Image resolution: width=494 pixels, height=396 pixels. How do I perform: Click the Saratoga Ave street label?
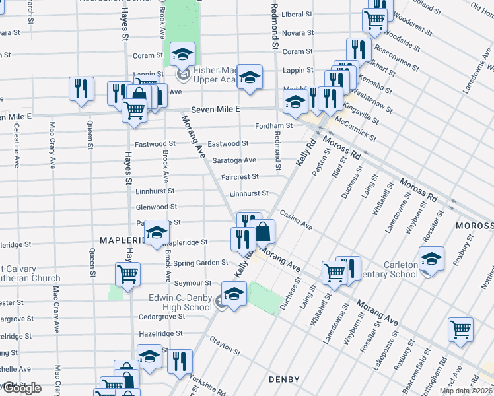234,160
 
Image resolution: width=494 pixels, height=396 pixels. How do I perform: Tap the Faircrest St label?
239,177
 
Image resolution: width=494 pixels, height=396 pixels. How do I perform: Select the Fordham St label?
275,125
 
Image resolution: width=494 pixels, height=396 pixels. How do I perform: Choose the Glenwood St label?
155,207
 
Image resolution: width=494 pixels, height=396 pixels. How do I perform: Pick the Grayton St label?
223,342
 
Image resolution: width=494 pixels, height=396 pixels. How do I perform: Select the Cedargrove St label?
160,317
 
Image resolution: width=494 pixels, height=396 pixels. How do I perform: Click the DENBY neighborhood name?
285,379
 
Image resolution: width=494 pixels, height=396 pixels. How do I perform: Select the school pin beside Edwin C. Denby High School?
233,294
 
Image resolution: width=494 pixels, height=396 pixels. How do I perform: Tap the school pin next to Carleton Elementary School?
431,259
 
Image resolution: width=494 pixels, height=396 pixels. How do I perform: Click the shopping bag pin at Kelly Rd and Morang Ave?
263,232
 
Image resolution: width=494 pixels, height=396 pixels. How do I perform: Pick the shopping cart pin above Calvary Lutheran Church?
127,274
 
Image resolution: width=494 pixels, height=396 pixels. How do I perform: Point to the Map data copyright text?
466,391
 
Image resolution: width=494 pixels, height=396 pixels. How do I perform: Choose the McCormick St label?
355,129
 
